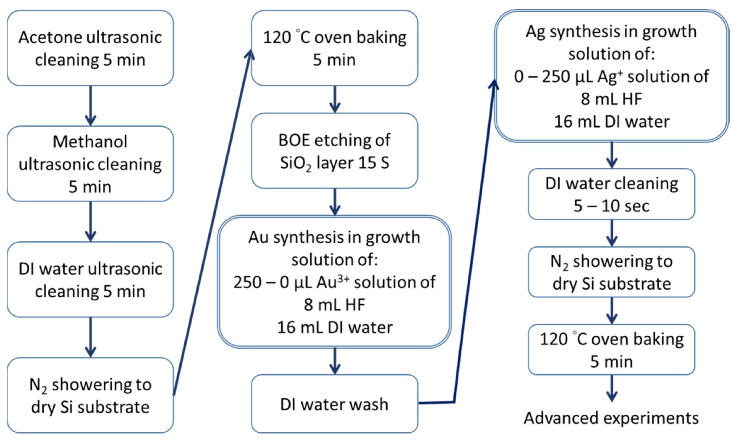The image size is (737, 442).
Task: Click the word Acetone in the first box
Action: pos(50,38)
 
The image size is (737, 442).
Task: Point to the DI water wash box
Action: pos(334,404)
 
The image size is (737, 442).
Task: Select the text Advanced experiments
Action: pos(611,418)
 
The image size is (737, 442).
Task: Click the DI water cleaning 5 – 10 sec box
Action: pos(611,194)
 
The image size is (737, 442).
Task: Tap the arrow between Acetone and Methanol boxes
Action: pos(90,106)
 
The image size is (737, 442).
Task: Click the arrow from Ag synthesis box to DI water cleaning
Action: pos(611,155)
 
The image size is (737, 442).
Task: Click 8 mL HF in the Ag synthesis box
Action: pos(611,99)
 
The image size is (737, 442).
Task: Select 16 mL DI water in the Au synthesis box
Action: pos(335,327)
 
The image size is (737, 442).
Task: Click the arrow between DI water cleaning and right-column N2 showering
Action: pos(611,233)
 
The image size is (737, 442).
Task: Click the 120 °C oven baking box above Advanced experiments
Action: pos(611,350)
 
